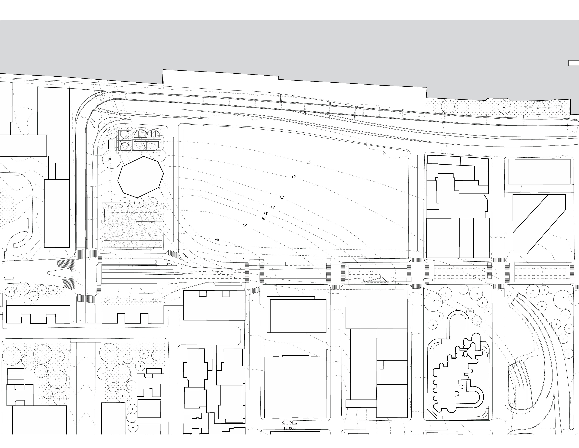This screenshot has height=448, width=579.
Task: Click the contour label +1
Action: (x=309, y=163)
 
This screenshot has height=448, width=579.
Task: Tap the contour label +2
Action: (x=294, y=177)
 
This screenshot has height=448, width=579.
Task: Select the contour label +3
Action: (x=282, y=197)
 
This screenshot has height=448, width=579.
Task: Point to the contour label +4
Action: (x=272, y=207)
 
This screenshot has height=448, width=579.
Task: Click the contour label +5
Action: (x=265, y=213)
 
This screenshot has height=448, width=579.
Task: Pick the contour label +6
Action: (x=263, y=219)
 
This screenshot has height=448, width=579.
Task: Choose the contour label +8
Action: (x=217, y=239)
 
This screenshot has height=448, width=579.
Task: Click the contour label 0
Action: (x=384, y=154)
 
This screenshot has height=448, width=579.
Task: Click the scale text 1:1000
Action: (x=289, y=428)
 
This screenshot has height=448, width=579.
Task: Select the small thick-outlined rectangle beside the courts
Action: (x=112, y=144)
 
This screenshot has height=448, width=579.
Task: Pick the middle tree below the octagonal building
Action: (x=139, y=203)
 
